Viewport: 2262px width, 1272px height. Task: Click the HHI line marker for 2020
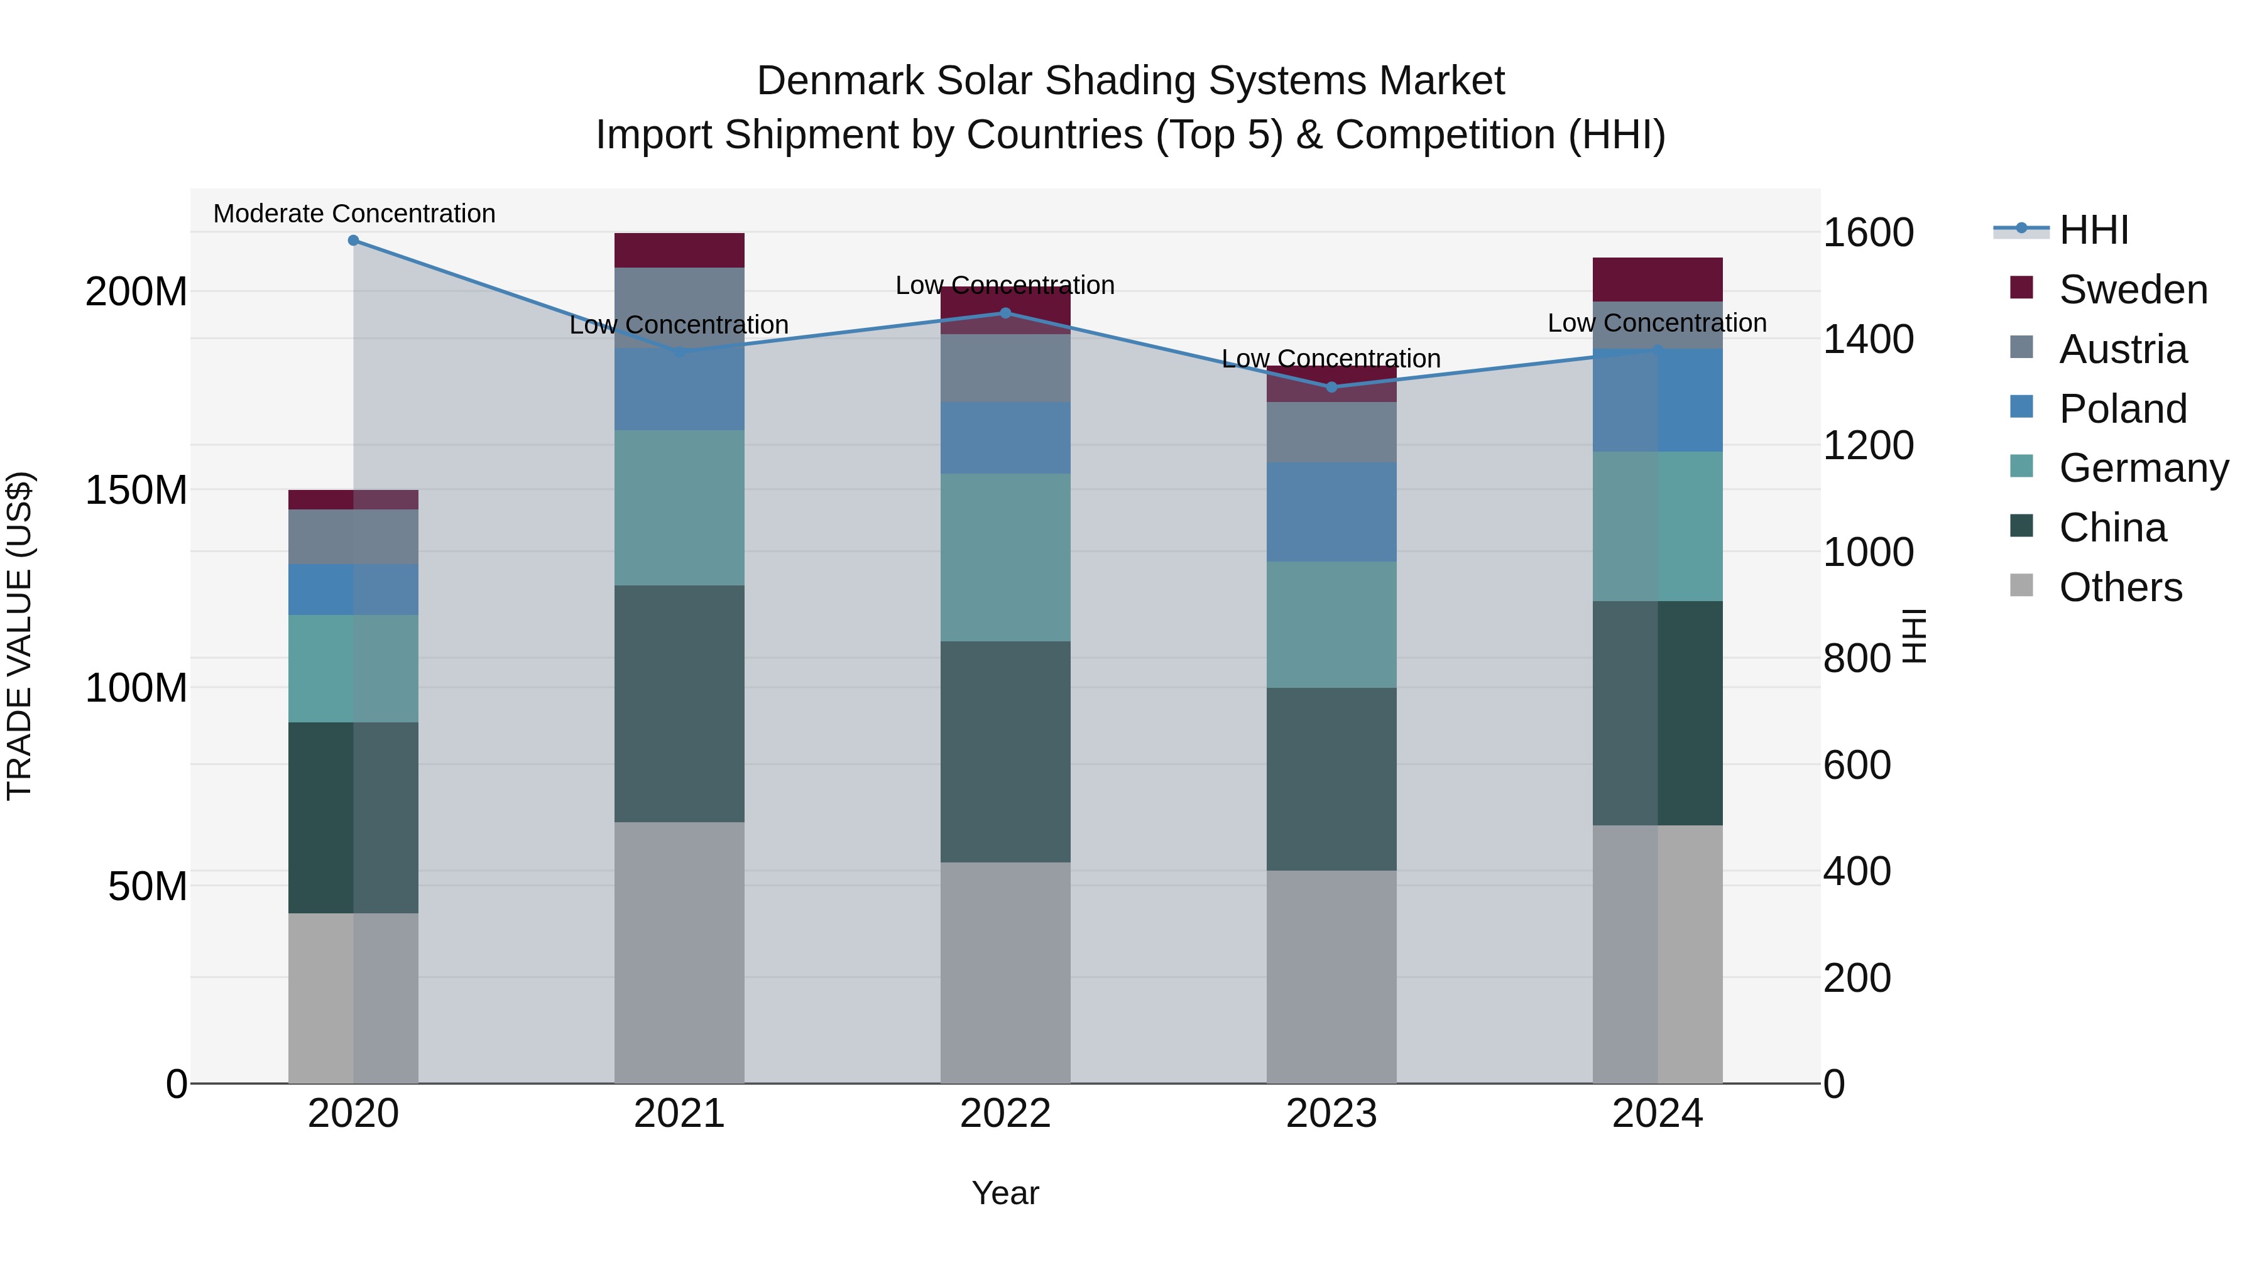pyautogui.click(x=353, y=241)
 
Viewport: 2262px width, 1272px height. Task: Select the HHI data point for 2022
pyautogui.click(x=1005, y=313)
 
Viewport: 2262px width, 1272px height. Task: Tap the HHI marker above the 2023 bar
pyautogui.click(x=1331, y=387)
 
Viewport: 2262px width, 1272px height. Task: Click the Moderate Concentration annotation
pyautogui.click(x=354, y=214)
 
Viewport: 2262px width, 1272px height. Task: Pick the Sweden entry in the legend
pyautogui.click(x=2132, y=290)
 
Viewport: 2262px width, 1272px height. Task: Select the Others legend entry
pyautogui.click(x=2120, y=587)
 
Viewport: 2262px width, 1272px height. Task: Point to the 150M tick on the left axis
pyautogui.click(x=136, y=490)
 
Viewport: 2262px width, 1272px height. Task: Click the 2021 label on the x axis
pyautogui.click(x=679, y=1114)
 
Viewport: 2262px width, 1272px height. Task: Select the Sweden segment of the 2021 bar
pyautogui.click(x=679, y=250)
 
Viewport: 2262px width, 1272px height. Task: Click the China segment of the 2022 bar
pyautogui.click(x=1005, y=751)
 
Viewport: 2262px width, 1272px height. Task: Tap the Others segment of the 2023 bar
pyautogui.click(x=1331, y=976)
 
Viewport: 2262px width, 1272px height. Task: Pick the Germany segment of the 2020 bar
pyautogui.click(x=353, y=668)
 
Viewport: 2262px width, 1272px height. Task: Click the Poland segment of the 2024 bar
pyautogui.click(x=1657, y=400)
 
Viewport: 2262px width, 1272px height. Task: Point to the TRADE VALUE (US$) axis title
pyautogui.click(x=19, y=636)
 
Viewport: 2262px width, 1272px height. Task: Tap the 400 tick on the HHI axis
pyautogui.click(x=1856, y=872)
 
